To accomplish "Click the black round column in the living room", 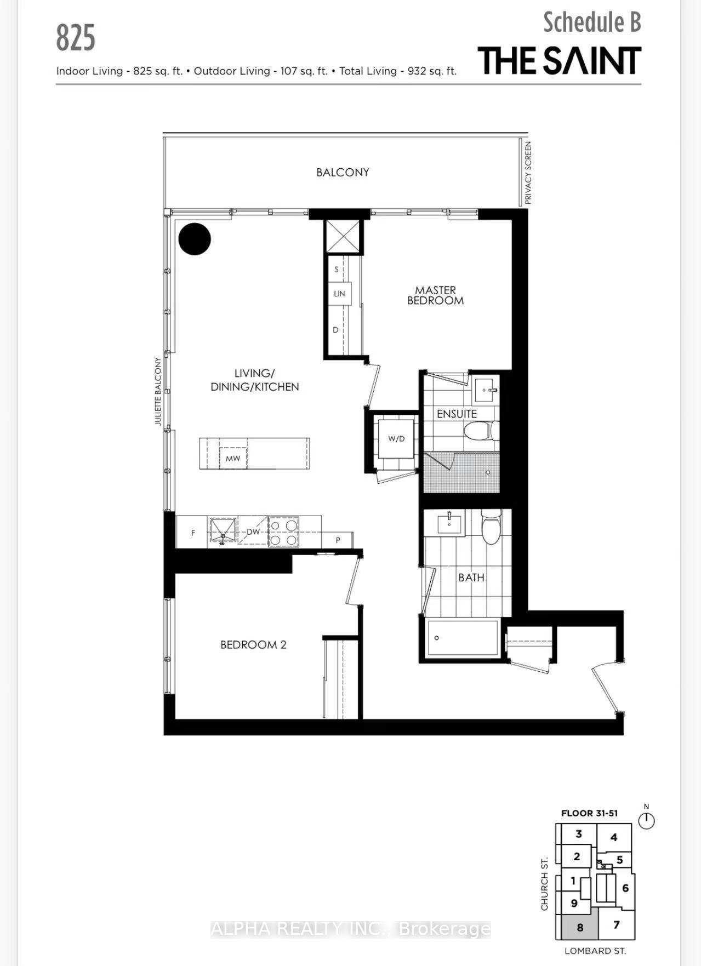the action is [x=195, y=239].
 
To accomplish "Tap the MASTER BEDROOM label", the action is [x=436, y=295].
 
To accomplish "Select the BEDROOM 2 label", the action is [x=253, y=645].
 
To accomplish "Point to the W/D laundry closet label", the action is [x=396, y=439].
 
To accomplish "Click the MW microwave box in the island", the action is [x=233, y=459].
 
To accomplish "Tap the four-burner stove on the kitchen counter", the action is [x=283, y=532].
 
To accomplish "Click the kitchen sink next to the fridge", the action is [x=222, y=531].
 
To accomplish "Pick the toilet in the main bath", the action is [x=491, y=526].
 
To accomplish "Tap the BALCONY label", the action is [x=343, y=173].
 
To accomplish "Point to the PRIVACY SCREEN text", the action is [x=528, y=173].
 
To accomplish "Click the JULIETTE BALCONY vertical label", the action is [x=158, y=391].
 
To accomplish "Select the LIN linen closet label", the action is [x=339, y=294].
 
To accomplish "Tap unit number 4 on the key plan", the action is [x=614, y=837].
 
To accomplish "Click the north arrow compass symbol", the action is [x=647, y=819].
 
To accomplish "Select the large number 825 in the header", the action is [x=76, y=38].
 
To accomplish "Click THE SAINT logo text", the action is [x=559, y=60].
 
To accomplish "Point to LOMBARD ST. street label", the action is [x=595, y=951].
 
